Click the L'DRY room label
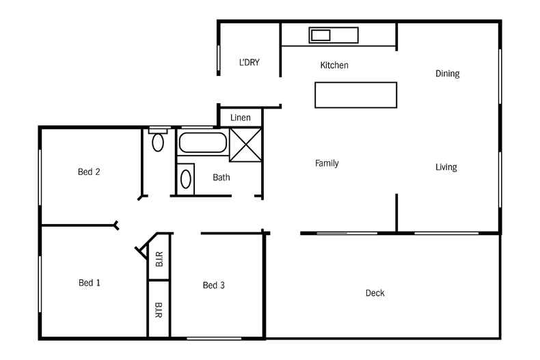click(x=249, y=62)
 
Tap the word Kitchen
click(x=334, y=66)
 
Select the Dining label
click(x=447, y=74)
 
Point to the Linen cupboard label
click(x=241, y=117)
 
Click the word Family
click(x=327, y=163)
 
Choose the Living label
click(x=446, y=167)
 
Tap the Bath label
click(x=221, y=178)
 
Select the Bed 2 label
click(x=89, y=172)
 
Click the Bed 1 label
click(x=90, y=283)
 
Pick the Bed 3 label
click(x=214, y=286)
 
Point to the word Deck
click(x=375, y=293)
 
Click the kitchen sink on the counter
click(x=321, y=35)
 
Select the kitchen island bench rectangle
click(x=355, y=95)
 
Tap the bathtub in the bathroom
click(x=203, y=144)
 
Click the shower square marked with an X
click(x=245, y=144)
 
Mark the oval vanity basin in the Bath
click(x=185, y=180)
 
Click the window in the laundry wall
click(x=219, y=59)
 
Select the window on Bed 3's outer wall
click(x=213, y=338)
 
